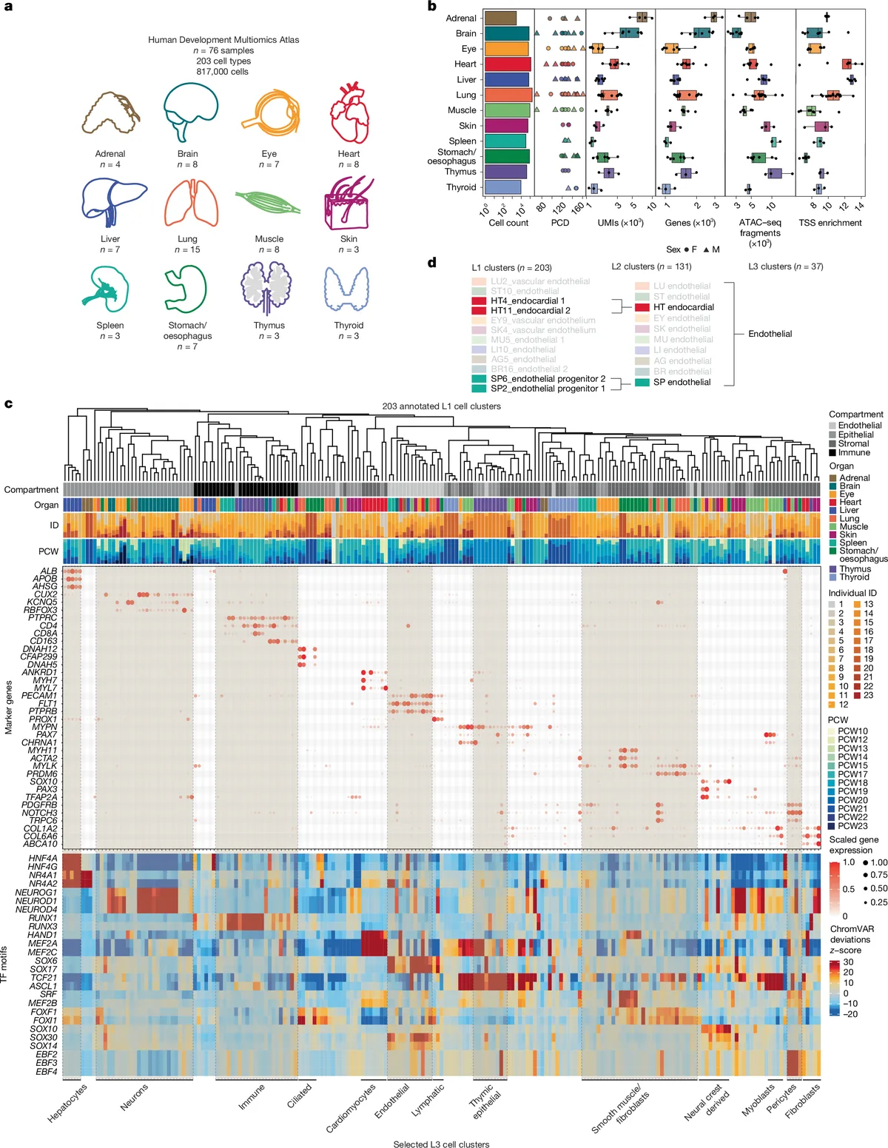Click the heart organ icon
tap(349, 113)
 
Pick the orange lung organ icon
tap(190, 202)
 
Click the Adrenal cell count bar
tap(501, 18)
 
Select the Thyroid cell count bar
tap(503, 187)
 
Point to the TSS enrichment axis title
tap(830, 223)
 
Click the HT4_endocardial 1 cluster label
tap(527, 301)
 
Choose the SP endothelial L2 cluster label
tap(681, 383)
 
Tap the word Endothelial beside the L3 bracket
tap(770, 334)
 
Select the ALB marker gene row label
tap(49, 571)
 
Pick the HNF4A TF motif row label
tap(43, 858)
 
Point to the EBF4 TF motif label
tap(46, 1071)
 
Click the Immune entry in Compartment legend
tap(853, 452)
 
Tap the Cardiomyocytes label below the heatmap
tap(351, 1108)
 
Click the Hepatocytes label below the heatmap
tap(67, 1103)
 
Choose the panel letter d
tap(432, 263)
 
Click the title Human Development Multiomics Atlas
tap(223, 40)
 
